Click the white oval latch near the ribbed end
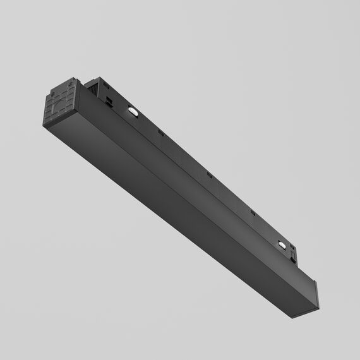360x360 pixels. [133, 112]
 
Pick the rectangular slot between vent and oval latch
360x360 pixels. [109, 100]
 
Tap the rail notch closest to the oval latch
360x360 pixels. [160, 133]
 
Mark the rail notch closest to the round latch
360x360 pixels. [252, 212]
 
